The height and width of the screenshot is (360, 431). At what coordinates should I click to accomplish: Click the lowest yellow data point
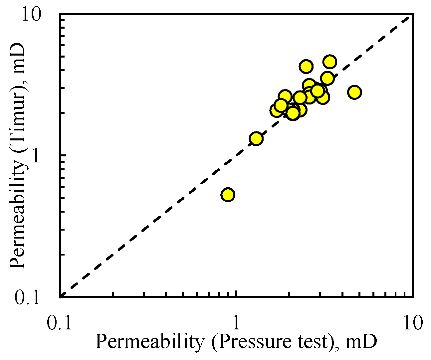(x=228, y=194)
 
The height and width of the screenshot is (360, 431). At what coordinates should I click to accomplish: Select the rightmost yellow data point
(x=354, y=92)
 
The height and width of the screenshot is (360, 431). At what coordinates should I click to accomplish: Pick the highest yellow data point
(x=329, y=62)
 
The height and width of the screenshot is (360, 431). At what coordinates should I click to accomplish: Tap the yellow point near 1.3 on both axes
(x=256, y=138)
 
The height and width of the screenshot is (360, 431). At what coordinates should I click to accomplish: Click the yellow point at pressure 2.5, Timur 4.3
(x=306, y=66)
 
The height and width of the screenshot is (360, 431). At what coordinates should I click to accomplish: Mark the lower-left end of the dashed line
(x=61, y=295)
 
